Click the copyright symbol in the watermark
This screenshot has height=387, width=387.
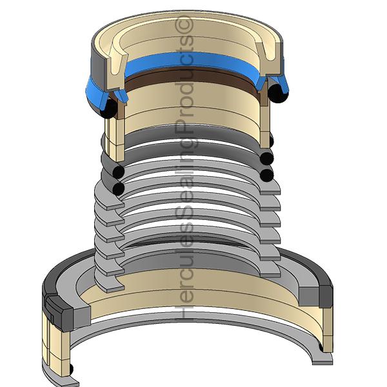point(184,25)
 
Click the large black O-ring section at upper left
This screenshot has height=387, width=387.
point(109,108)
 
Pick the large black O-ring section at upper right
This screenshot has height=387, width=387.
point(277,93)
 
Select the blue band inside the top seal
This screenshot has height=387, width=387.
point(192,64)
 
